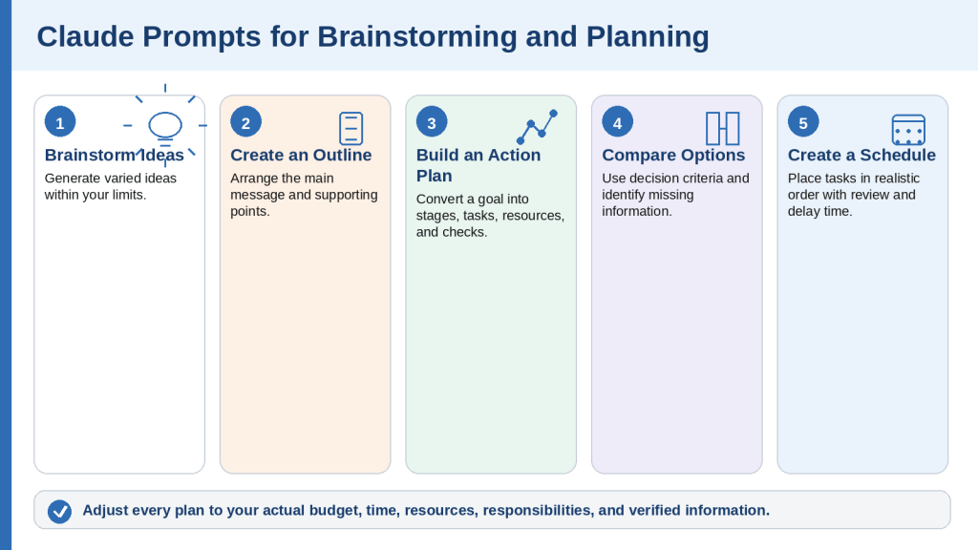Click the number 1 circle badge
coord(60,122)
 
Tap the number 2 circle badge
coord(245,122)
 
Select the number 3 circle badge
coord(432,122)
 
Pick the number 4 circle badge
coord(618,122)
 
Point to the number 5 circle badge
coord(803,122)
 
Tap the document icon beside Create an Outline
coord(351,129)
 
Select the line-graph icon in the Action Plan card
coord(537,127)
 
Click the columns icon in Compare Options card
coord(723,129)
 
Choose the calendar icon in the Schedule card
coord(909,130)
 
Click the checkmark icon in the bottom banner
coord(60,512)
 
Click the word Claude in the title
coord(85,37)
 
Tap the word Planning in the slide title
coord(648,37)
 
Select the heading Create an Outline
coord(301,156)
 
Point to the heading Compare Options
coord(673,156)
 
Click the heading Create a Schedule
coord(861,156)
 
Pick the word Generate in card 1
coord(71,179)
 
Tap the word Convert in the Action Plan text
coord(441,199)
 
